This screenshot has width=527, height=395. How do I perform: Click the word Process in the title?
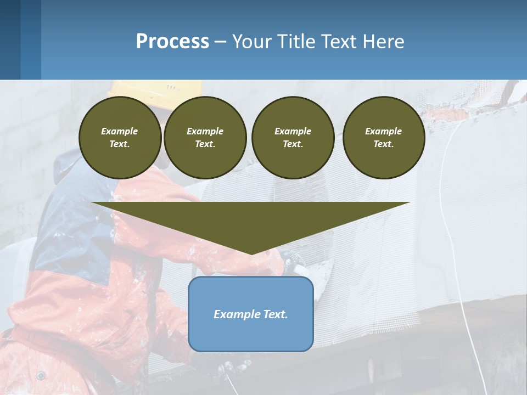pyautogui.click(x=172, y=42)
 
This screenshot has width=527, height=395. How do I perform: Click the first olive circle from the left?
pyautogui.click(x=120, y=138)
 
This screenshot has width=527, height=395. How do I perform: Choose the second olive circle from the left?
pyautogui.click(x=205, y=138)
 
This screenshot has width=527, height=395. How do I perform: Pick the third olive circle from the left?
pyautogui.click(x=293, y=138)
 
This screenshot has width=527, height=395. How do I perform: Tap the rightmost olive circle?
pyautogui.click(x=383, y=138)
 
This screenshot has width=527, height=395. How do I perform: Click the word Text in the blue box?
pyautogui.click(x=276, y=314)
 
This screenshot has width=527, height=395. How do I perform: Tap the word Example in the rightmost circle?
pyautogui.click(x=383, y=131)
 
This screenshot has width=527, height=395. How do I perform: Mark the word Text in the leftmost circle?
pyautogui.click(x=119, y=144)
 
